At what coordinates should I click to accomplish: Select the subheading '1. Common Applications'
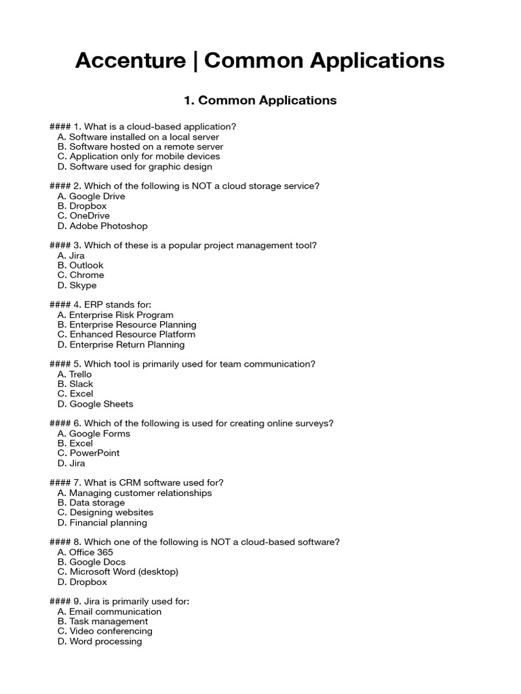pos(260,100)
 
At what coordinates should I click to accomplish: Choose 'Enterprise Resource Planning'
pos(127,325)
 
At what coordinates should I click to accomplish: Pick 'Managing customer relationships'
pos(134,493)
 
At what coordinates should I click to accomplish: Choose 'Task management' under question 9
pos(102,621)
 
